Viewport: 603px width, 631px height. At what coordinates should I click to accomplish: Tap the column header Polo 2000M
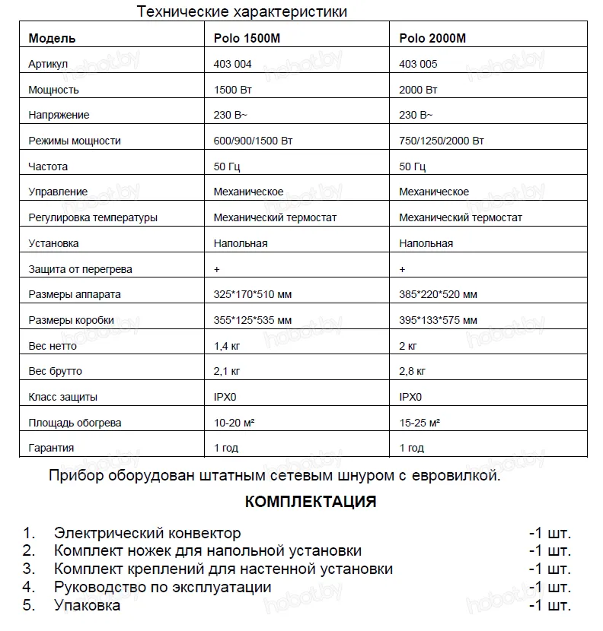coord(432,39)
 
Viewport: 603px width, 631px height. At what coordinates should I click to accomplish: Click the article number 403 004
coord(233,65)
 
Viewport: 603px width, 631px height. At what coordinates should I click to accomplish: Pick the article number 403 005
coord(418,65)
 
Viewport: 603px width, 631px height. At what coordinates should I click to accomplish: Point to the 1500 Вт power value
coord(234,90)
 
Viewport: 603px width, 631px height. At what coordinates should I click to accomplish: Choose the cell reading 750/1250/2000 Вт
coord(442,141)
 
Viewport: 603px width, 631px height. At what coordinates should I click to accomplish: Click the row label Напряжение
coord(59,116)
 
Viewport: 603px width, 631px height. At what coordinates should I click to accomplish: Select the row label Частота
coord(48,166)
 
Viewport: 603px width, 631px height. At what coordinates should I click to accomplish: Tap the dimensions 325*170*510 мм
coord(254,294)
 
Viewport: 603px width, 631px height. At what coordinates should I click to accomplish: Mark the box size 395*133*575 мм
coord(439,320)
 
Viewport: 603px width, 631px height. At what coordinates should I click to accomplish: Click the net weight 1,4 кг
coord(228,346)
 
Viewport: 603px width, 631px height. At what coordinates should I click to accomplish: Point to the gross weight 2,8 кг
coord(412,372)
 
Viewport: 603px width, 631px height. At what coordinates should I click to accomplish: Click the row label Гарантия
coord(51,449)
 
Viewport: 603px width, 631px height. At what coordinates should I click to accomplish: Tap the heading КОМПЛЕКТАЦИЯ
coord(311,503)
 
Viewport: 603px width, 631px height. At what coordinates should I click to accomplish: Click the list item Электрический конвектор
coord(148,533)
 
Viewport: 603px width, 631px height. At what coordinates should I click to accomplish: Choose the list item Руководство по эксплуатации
coord(163,588)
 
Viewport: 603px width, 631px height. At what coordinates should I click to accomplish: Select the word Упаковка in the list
coord(88,606)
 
